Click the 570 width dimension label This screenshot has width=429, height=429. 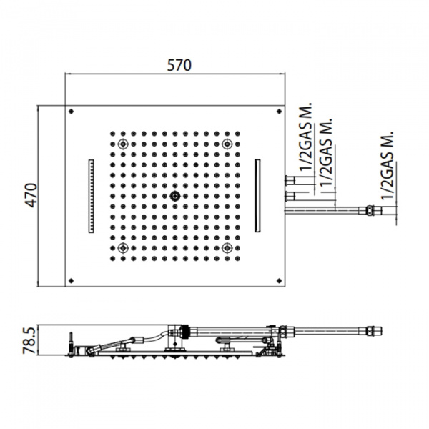(179, 65)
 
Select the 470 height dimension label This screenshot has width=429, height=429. (31, 195)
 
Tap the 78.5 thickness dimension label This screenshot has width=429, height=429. (29, 340)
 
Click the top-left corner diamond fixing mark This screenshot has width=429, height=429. (71, 112)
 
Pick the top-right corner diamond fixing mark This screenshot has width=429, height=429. (280, 112)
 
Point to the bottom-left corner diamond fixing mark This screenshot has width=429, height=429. (71, 281)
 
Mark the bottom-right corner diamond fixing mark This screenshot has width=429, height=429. (280, 281)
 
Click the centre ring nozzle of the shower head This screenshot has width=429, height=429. (175, 196)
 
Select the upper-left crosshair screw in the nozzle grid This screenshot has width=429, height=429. (123, 144)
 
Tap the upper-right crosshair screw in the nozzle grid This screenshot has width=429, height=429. (227, 144)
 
